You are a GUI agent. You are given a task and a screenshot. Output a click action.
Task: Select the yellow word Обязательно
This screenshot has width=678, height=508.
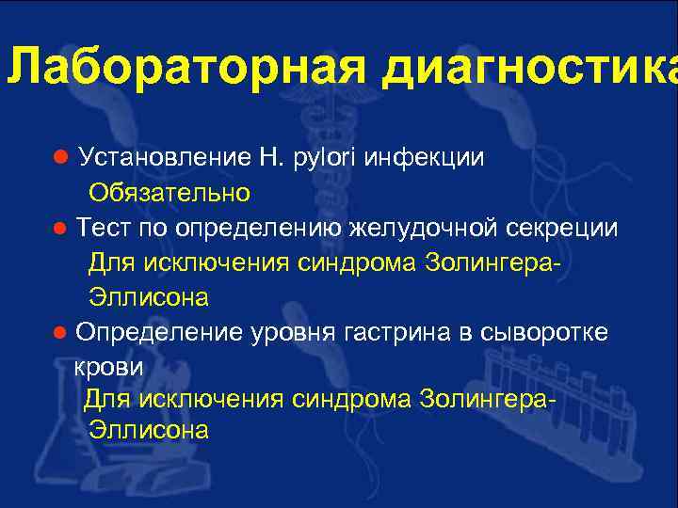click(169, 193)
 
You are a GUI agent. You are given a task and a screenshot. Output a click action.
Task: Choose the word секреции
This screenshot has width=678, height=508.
click(560, 229)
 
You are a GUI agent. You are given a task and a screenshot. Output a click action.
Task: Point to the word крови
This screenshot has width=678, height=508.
click(108, 368)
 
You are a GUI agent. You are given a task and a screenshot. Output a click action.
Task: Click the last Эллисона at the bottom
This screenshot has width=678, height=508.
click(148, 431)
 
